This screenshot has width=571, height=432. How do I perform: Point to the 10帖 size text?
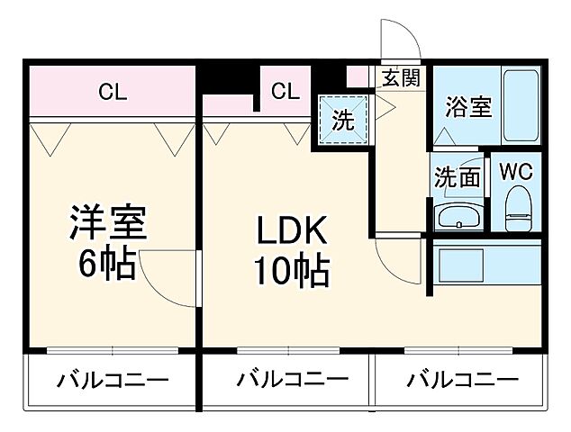(290, 269)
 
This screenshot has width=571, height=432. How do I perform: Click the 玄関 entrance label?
(400, 77)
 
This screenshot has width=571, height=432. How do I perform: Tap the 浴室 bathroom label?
(468, 107)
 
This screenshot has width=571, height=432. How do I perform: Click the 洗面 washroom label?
(457, 177)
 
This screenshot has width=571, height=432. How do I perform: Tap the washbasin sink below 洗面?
(458, 217)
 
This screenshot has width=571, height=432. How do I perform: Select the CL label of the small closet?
(285, 90)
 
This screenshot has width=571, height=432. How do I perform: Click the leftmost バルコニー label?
(113, 379)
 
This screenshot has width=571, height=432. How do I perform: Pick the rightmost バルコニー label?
(461, 379)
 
